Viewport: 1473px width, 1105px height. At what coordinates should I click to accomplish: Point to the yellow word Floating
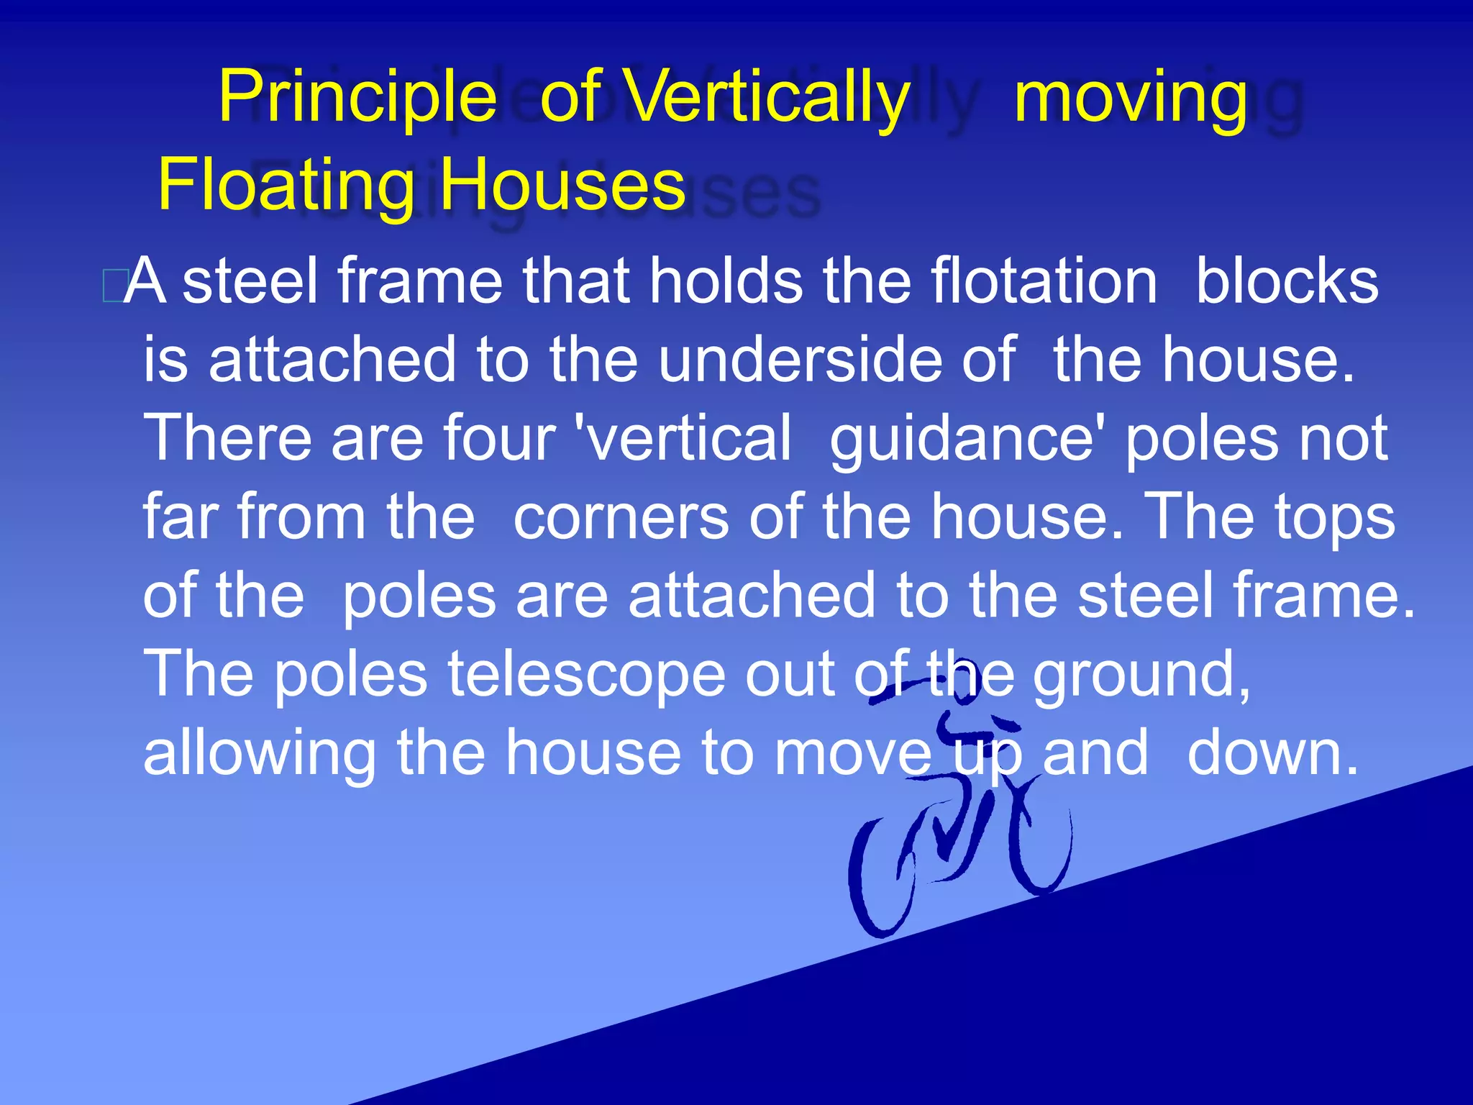pos(286,186)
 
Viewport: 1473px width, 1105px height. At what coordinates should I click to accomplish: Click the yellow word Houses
pos(562,185)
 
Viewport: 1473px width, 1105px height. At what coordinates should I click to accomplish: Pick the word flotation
pos(1043,281)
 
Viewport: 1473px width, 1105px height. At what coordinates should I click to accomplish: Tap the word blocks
pos(1287,281)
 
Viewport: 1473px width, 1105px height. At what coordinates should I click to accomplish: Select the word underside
pos(800,360)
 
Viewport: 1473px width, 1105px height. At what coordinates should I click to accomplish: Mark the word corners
pos(621,517)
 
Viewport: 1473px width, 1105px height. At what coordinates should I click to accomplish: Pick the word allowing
pos(260,755)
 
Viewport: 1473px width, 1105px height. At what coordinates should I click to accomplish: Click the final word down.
pos(1272,753)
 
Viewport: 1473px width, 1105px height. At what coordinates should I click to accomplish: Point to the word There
pos(227,438)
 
